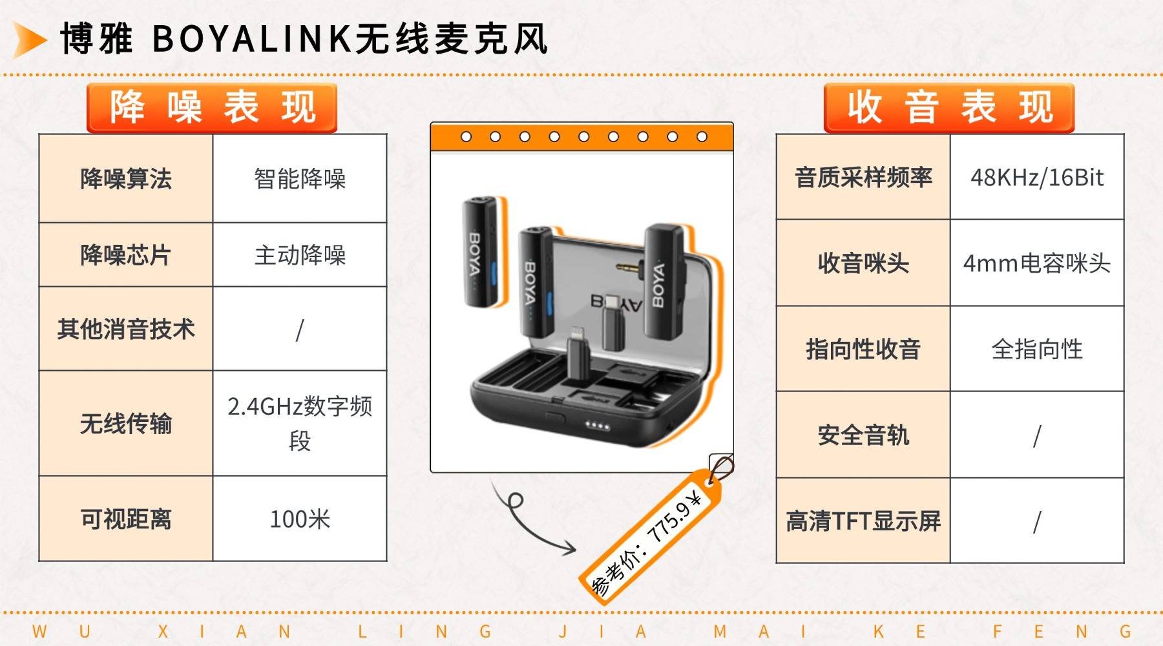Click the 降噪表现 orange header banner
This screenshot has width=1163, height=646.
[x=212, y=108]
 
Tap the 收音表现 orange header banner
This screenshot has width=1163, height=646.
[x=948, y=108]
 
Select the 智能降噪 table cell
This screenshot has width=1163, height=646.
[x=300, y=179]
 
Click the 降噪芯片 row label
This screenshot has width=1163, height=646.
[x=126, y=255]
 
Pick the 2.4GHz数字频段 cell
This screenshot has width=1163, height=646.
[x=300, y=424]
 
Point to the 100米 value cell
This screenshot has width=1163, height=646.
[x=300, y=519]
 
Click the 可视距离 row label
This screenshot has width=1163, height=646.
[x=126, y=519]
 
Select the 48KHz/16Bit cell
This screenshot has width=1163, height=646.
[x=1037, y=177]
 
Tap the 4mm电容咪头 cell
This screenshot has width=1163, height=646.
[x=1037, y=263]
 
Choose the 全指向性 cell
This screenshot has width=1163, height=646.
[x=1037, y=349]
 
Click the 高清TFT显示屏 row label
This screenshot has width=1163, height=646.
[x=863, y=521]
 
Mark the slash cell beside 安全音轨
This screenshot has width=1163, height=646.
[x=1037, y=435]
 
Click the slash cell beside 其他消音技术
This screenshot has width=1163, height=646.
[x=300, y=329]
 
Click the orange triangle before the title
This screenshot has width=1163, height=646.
[x=28, y=39]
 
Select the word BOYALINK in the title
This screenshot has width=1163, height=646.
[x=252, y=39]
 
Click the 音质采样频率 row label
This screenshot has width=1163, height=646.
[x=863, y=177]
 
